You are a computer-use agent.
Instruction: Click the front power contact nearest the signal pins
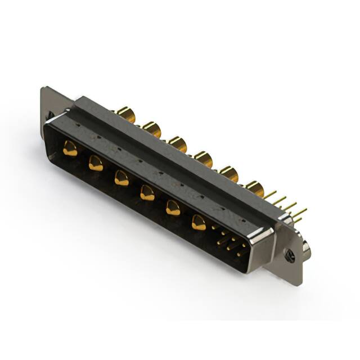(199, 223)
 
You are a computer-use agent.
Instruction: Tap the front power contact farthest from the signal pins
(70, 149)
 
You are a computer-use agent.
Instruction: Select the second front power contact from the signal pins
(173, 209)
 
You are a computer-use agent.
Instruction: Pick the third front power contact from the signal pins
(147, 193)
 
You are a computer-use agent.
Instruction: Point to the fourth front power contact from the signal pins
(121, 178)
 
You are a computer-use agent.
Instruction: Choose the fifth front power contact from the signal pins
(96, 164)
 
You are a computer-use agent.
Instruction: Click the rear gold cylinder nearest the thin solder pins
(255, 190)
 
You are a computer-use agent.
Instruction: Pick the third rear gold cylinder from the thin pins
(203, 160)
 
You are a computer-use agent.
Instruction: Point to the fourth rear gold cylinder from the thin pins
(178, 145)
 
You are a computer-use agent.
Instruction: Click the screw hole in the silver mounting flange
(290, 256)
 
